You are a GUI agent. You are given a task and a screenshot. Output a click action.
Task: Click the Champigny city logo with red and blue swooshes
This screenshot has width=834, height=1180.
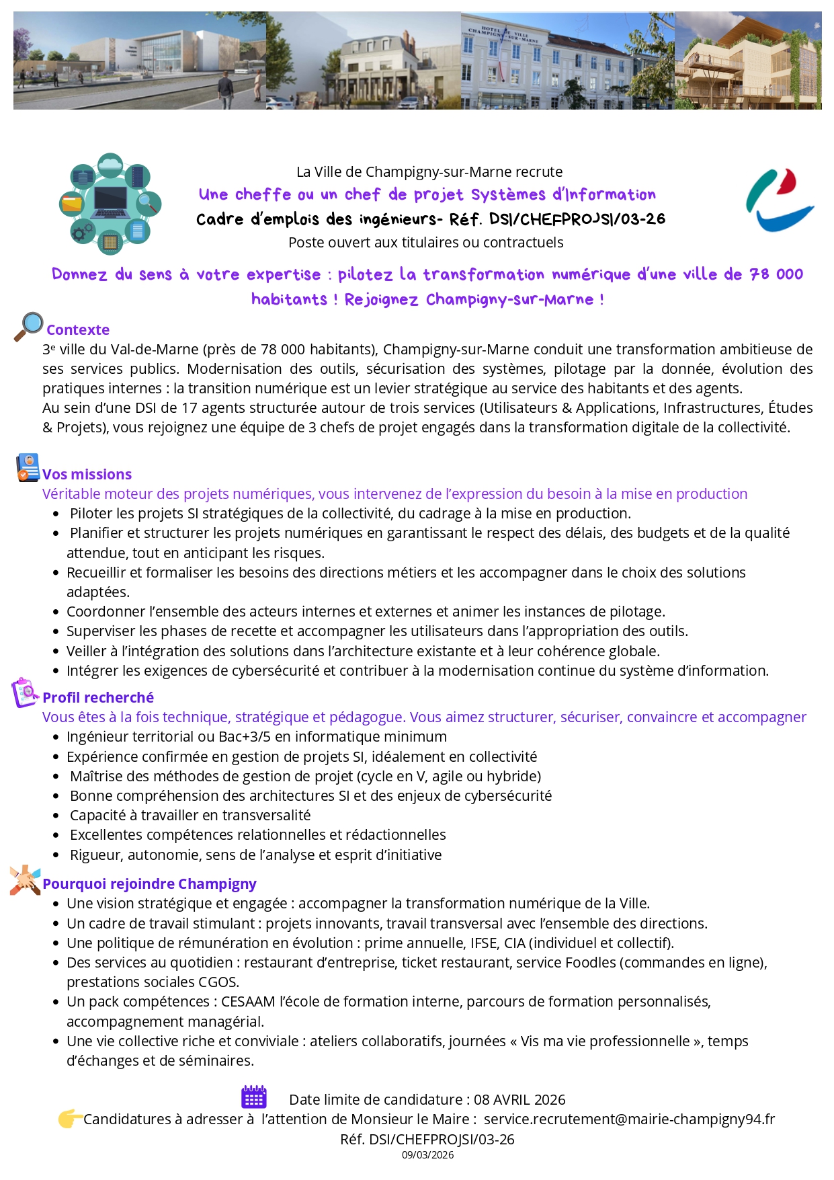[x=780, y=200]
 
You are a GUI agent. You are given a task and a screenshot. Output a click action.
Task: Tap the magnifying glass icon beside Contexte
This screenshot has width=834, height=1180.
[x=28, y=327]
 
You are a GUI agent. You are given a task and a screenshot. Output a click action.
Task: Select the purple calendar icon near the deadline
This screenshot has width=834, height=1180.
[x=254, y=1097]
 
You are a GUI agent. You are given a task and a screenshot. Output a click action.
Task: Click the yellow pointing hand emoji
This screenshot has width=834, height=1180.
[x=70, y=1119]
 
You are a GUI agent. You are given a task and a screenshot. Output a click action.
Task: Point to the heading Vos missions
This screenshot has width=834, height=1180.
[x=87, y=474]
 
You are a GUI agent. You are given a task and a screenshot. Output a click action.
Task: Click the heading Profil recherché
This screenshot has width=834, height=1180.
[x=98, y=697]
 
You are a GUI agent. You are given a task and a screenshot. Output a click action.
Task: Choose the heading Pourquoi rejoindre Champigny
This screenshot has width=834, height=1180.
[x=149, y=883]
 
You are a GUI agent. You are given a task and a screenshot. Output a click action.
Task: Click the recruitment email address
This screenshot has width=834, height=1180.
[x=629, y=1119]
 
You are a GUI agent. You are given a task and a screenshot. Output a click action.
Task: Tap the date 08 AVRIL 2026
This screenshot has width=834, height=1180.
[x=519, y=1099]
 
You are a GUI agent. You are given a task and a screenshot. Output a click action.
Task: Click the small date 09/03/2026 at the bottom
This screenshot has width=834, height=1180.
[x=427, y=1155]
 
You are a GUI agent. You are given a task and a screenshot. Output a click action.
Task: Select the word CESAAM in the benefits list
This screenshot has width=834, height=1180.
[x=249, y=1001]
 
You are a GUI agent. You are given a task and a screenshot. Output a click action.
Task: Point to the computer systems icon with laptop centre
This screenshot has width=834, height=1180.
[x=110, y=204]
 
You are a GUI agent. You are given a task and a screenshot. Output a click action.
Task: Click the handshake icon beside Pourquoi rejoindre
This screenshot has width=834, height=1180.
[x=25, y=879]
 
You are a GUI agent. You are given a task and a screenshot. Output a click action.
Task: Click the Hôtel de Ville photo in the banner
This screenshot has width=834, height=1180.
[x=568, y=61]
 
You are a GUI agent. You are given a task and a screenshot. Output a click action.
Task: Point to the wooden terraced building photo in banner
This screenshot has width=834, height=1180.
[x=748, y=61]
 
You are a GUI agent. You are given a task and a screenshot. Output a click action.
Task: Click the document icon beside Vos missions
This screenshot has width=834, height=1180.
[x=28, y=467]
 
